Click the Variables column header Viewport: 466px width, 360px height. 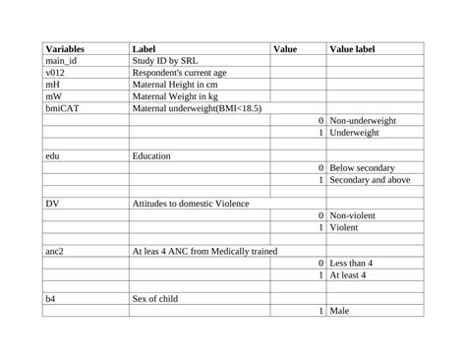point(65,48)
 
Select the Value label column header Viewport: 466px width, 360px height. point(352,48)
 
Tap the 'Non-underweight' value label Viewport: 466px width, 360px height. point(363,120)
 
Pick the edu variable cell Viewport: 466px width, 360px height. point(53,155)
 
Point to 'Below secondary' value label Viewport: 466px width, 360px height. point(363,168)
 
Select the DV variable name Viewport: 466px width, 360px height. point(53,204)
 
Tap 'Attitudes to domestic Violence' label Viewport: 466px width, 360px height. point(191,204)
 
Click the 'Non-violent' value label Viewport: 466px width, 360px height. point(353,215)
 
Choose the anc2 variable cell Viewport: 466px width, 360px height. point(55,252)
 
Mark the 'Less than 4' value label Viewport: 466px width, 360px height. point(353,264)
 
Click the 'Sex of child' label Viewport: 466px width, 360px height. point(155,299)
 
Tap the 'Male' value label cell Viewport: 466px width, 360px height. point(340,311)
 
